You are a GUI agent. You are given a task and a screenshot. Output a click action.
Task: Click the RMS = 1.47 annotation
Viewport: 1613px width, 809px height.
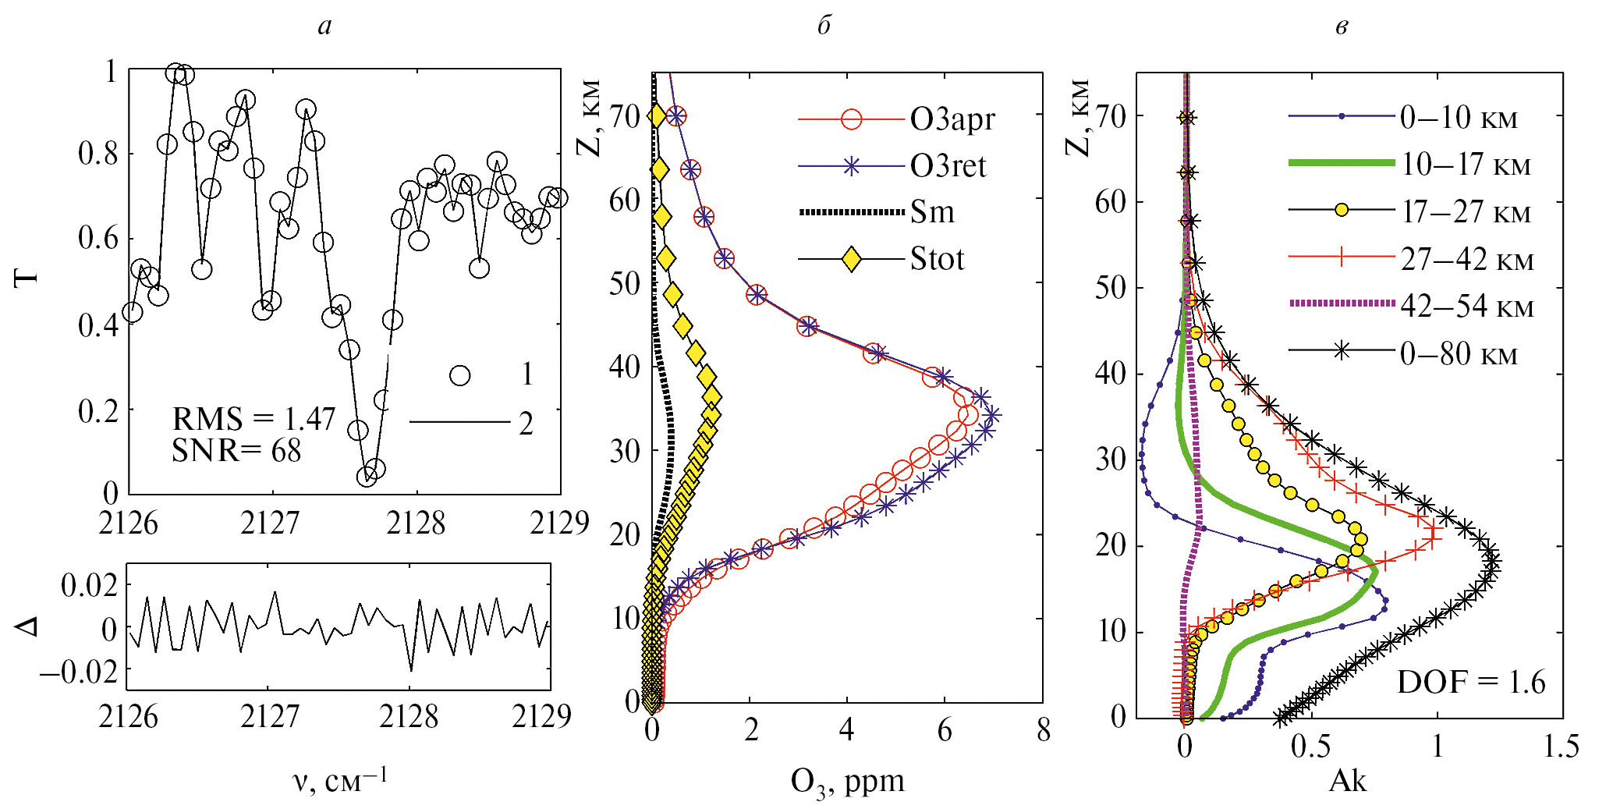(253, 420)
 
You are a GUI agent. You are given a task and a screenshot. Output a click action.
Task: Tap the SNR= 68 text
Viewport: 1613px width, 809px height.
(236, 451)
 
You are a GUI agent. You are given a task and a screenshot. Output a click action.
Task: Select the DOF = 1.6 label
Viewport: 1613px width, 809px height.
(1470, 683)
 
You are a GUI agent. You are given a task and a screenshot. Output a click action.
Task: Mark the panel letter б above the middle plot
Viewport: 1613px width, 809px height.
(824, 26)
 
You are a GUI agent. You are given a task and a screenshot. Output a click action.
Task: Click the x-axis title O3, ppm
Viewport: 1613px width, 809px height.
(847, 782)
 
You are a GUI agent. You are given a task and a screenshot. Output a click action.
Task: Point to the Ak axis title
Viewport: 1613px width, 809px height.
(1347, 780)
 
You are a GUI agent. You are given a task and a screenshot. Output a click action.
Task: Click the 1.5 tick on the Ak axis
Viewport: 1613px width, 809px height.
(1562, 747)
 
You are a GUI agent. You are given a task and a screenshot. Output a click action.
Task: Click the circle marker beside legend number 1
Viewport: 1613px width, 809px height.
(460, 375)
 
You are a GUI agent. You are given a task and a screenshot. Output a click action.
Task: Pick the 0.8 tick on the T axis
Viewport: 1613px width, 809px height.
(98, 154)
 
